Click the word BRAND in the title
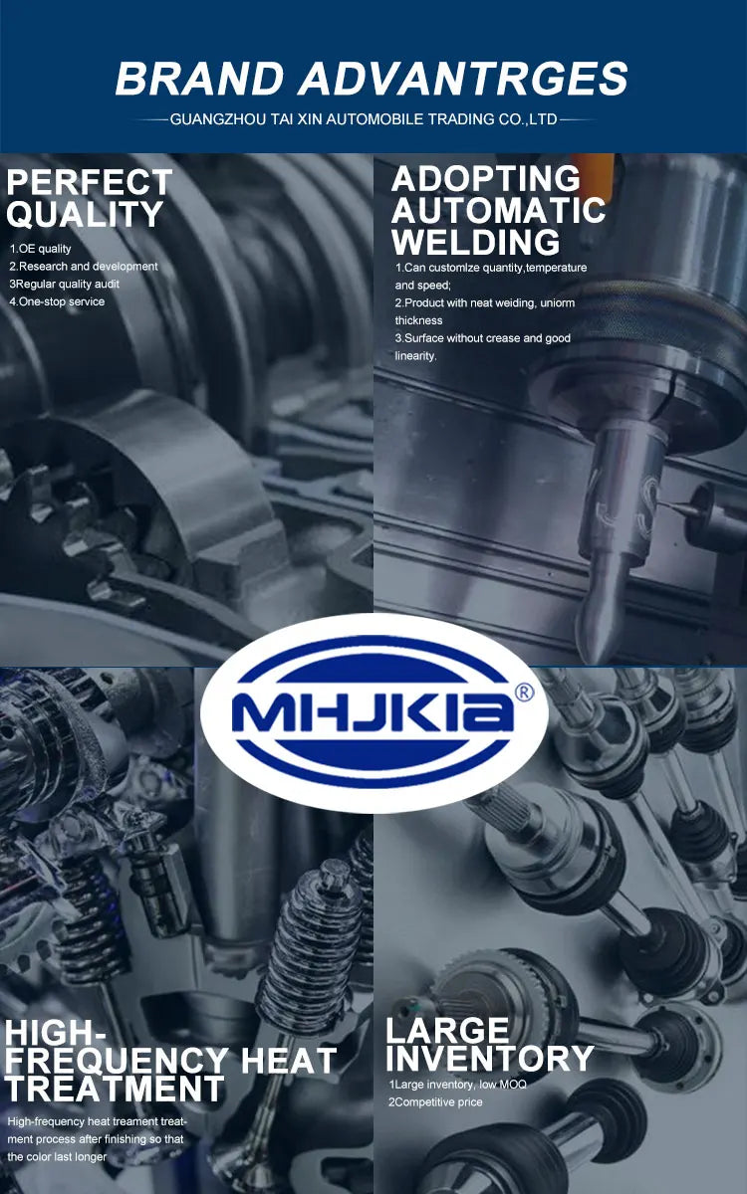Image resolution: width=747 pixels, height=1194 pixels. [199, 79]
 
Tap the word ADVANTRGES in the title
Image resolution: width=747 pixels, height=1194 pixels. [463, 79]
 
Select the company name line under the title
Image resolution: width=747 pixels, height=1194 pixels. [364, 118]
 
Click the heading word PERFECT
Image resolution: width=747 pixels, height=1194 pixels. [89, 182]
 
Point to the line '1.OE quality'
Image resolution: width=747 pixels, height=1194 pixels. [40, 249]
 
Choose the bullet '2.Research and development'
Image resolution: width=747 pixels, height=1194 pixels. [84, 266]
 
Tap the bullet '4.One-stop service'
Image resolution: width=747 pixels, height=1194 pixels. [57, 301]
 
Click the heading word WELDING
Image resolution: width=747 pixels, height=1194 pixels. [475, 242]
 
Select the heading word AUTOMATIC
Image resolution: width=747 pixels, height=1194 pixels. [498, 210]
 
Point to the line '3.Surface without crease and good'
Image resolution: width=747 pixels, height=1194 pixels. [483, 338]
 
